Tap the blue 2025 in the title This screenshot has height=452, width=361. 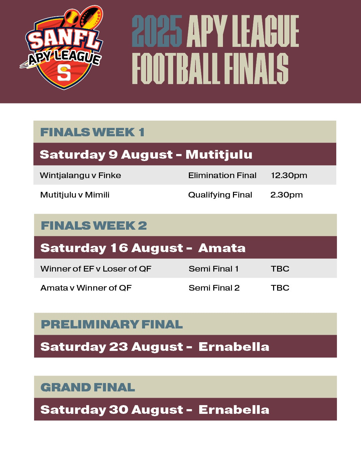click(157, 31)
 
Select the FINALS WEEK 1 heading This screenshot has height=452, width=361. click(92, 132)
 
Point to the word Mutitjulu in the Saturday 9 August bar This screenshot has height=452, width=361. click(219, 155)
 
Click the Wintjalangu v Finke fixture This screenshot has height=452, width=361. click(81, 175)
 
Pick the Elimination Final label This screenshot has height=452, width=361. click(222, 175)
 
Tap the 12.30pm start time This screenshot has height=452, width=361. click(289, 175)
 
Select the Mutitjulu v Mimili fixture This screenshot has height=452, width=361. click(75, 195)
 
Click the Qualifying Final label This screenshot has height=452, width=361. click(220, 195)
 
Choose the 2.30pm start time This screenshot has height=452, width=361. click(286, 195)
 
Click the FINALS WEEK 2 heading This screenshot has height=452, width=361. click(94, 225)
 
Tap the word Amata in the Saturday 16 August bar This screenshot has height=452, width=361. click(222, 248)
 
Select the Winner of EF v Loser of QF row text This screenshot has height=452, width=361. click(96, 269)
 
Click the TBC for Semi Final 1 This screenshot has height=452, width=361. click(280, 269)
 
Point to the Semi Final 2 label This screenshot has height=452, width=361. click(214, 288)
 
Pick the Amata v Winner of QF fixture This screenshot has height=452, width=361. click(86, 288)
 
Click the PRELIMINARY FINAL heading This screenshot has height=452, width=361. click(112, 324)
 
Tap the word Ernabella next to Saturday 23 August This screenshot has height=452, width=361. click(234, 347)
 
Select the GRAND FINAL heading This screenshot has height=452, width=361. click(88, 387)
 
